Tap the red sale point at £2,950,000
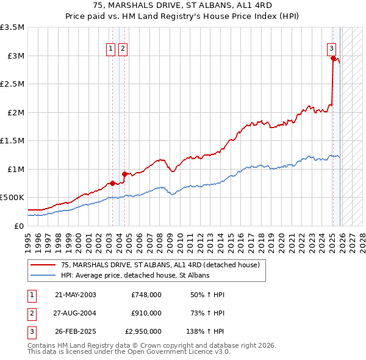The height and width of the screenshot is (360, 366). pyautogui.click(x=333, y=59)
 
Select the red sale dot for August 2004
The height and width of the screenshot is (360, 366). pyautogui.click(x=124, y=174)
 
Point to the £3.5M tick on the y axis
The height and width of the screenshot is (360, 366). pyautogui.click(x=13, y=27)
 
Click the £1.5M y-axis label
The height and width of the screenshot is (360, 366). pyautogui.click(x=13, y=141)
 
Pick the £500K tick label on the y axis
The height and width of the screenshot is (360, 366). pyautogui.click(x=13, y=198)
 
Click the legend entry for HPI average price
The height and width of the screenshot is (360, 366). pyautogui.click(x=135, y=275)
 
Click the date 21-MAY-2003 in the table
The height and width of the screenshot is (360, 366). pyautogui.click(x=75, y=295)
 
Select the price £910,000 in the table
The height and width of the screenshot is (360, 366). pyautogui.click(x=146, y=313)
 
